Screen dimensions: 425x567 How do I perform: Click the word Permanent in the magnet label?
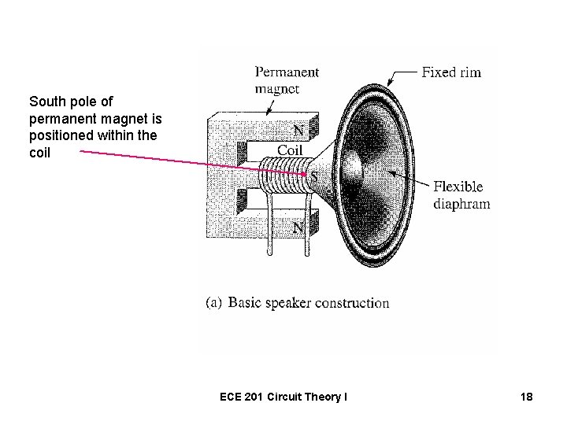tap(287, 72)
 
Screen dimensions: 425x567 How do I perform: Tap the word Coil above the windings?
tap(290, 150)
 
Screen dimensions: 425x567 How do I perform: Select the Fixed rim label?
tap(451, 72)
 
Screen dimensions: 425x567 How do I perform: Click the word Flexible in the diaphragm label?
tap(458, 187)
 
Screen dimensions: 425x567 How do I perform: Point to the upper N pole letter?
tap(299, 129)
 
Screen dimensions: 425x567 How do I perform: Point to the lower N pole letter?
tap(298, 227)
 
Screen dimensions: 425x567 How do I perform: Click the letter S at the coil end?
tap(314, 177)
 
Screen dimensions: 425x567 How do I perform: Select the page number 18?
tap(526, 397)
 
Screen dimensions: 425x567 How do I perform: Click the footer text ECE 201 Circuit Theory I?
tap(283, 397)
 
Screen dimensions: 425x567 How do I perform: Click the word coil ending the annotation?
tap(39, 153)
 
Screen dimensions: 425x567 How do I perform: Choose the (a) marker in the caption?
tap(214, 303)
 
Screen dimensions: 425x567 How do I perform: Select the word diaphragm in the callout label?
tap(461, 204)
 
